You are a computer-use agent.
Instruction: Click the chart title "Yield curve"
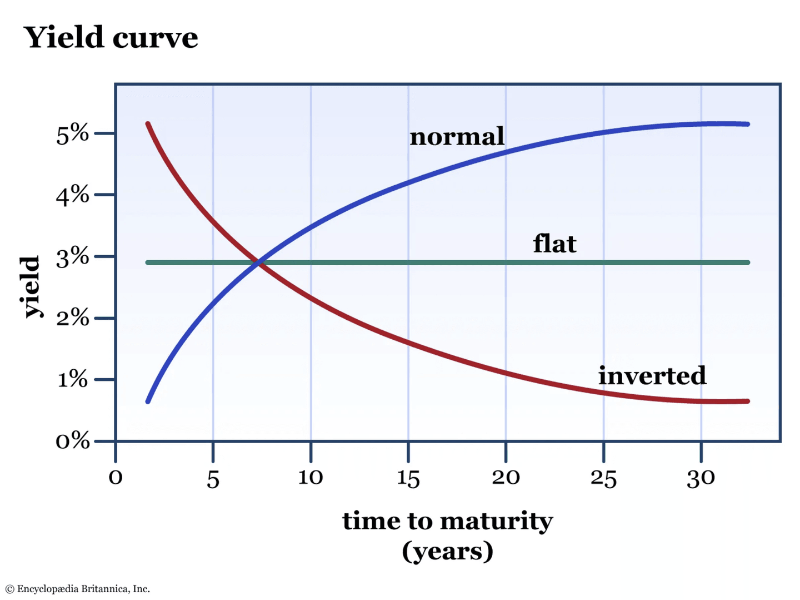pos(111,38)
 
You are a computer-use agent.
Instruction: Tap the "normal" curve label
pos(457,136)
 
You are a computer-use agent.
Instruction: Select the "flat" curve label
pos(554,244)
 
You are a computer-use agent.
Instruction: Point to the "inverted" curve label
pos(652,376)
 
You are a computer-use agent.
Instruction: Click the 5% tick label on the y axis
pos(72,133)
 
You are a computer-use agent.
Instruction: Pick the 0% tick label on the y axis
pos(72,441)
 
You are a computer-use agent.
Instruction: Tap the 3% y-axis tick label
pos(72,257)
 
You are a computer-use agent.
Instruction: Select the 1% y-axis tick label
pos(72,380)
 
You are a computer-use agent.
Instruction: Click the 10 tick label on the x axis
pos(311,477)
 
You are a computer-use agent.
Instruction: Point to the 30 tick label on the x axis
pos(701,477)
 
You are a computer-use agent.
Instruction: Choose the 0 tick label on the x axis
pos(116,477)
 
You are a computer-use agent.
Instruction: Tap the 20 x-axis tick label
pos(506,477)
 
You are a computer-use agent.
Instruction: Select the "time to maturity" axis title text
pos(447,521)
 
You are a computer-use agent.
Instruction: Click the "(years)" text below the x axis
pos(447,551)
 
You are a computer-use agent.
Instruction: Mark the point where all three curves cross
pos(259,262)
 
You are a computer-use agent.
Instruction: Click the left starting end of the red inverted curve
pos(148,123)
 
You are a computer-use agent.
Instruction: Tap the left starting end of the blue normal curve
pos(148,401)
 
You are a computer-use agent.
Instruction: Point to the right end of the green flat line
pos(747,262)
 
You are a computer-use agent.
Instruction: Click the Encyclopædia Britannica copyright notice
pos(78,589)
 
